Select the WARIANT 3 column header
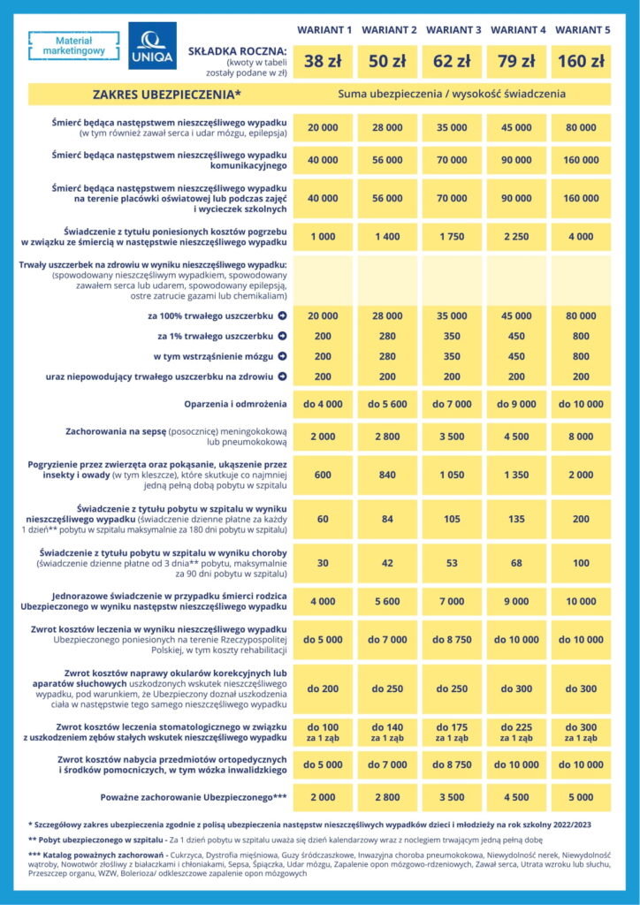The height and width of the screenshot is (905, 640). [x=453, y=30]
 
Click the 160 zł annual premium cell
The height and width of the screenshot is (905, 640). [x=581, y=61]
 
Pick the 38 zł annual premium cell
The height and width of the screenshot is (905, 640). [x=323, y=61]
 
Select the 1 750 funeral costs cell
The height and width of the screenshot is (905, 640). [x=452, y=238]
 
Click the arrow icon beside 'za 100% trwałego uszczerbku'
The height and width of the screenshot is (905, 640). [x=282, y=316]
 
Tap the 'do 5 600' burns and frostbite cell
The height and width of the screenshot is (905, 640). [x=387, y=404]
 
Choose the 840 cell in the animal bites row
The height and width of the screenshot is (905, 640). [x=387, y=474]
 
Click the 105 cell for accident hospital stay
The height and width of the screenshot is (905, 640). [x=452, y=518]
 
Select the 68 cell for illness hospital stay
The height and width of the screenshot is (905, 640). [x=516, y=564]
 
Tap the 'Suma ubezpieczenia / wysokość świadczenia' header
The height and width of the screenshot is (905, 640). [x=451, y=94]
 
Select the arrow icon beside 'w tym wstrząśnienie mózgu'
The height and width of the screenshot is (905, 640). [x=282, y=356]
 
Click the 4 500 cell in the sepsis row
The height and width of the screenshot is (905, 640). [x=516, y=436]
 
